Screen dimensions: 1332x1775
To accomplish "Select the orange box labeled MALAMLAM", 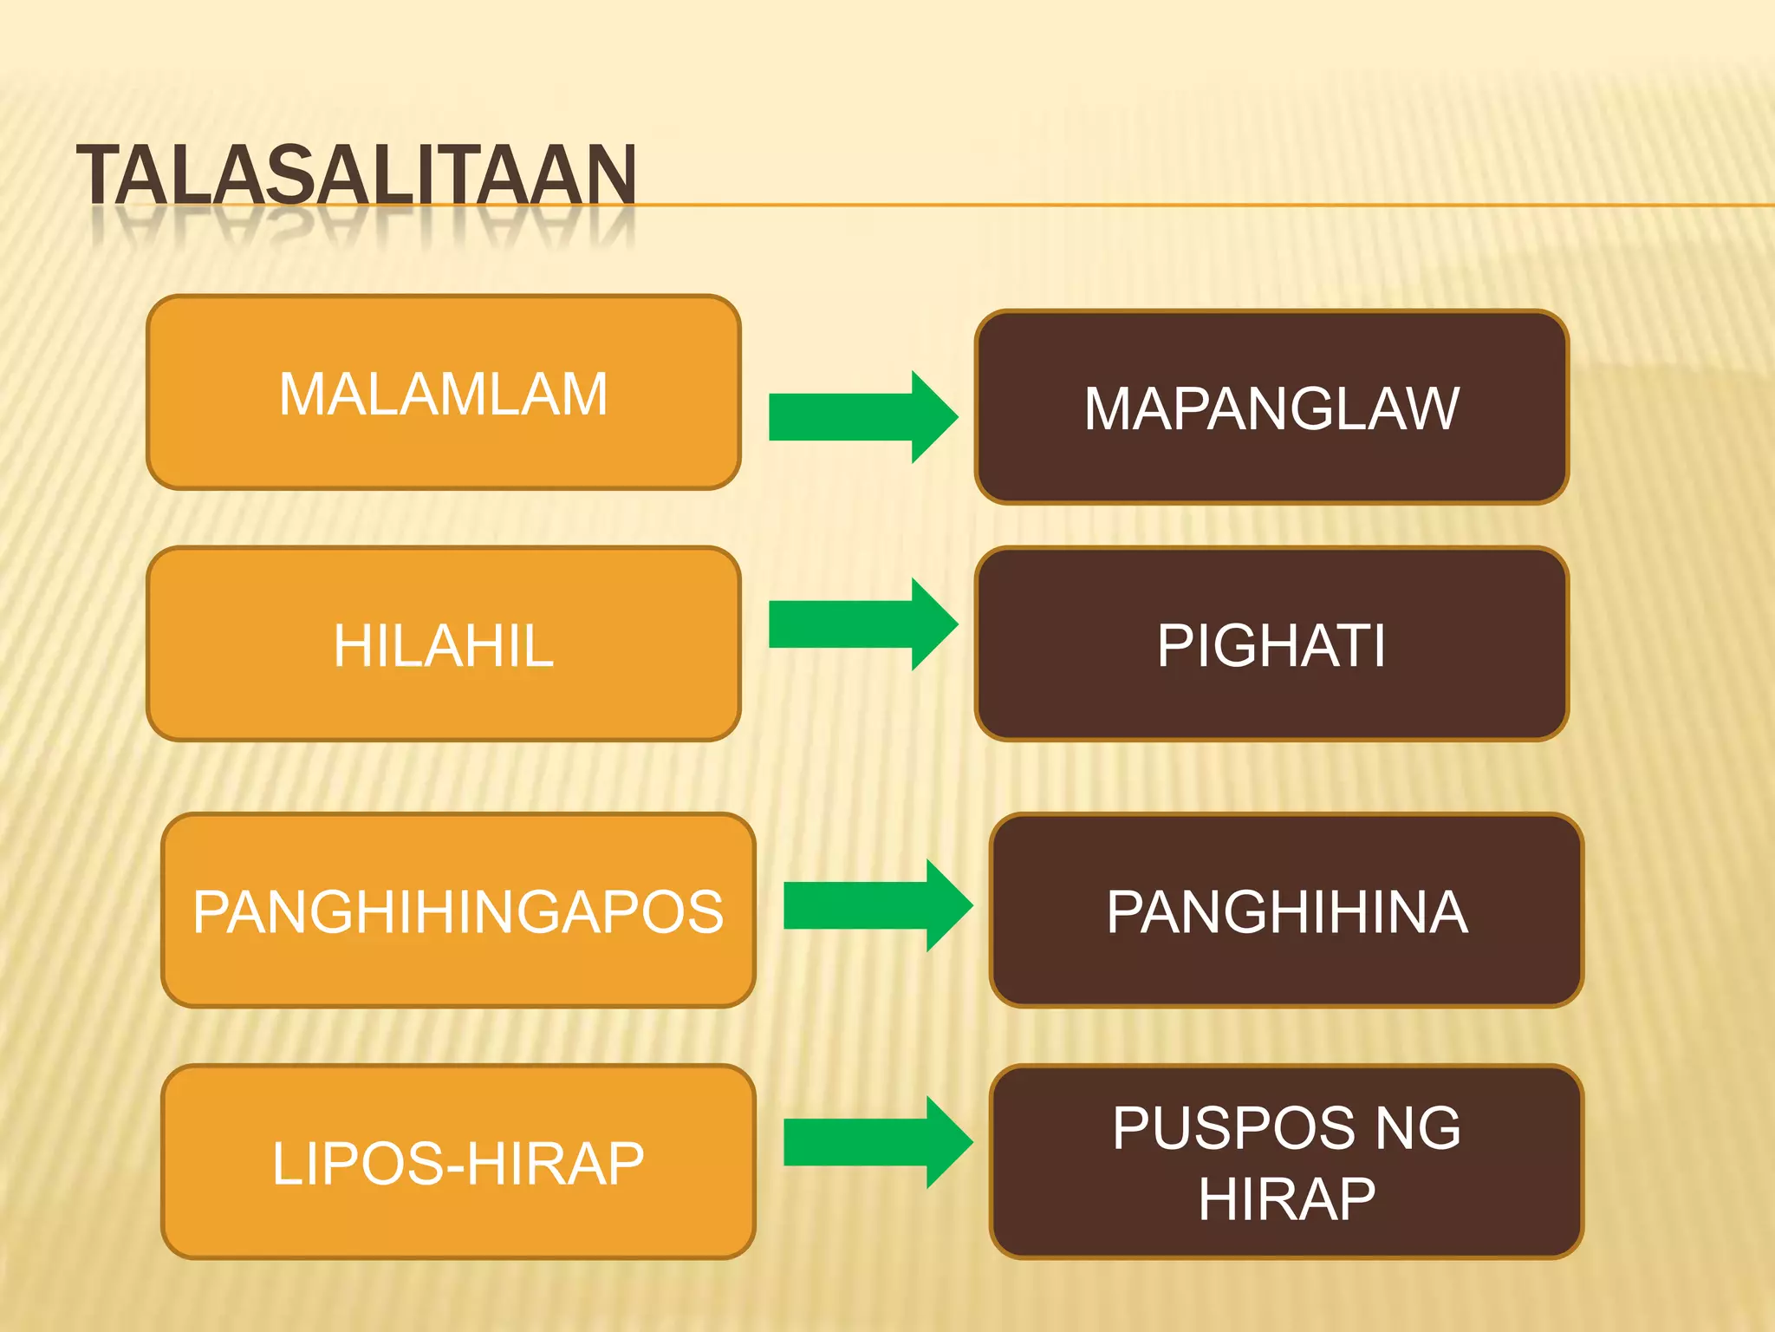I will (x=443, y=393).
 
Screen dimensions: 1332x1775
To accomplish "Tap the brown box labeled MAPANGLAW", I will (x=1271, y=408).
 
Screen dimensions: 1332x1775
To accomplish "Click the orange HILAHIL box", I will (x=443, y=644).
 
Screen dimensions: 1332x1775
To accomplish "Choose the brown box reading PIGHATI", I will (x=1271, y=644).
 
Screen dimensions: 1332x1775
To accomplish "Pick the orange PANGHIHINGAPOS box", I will (x=458, y=911).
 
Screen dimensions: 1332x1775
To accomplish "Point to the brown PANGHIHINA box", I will (x=1286, y=911).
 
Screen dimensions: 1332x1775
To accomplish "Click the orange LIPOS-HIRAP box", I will (x=458, y=1162).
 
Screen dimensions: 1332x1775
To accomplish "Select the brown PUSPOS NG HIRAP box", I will (x=1286, y=1162).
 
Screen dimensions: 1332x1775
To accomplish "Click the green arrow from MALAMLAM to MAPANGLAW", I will (x=862, y=417).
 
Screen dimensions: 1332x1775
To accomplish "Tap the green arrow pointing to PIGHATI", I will (x=862, y=624).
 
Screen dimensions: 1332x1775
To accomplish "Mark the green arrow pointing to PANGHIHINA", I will (x=877, y=905).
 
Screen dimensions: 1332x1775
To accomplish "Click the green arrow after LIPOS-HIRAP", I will (x=877, y=1142).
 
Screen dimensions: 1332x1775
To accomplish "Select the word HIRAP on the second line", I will (x=1286, y=1199).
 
